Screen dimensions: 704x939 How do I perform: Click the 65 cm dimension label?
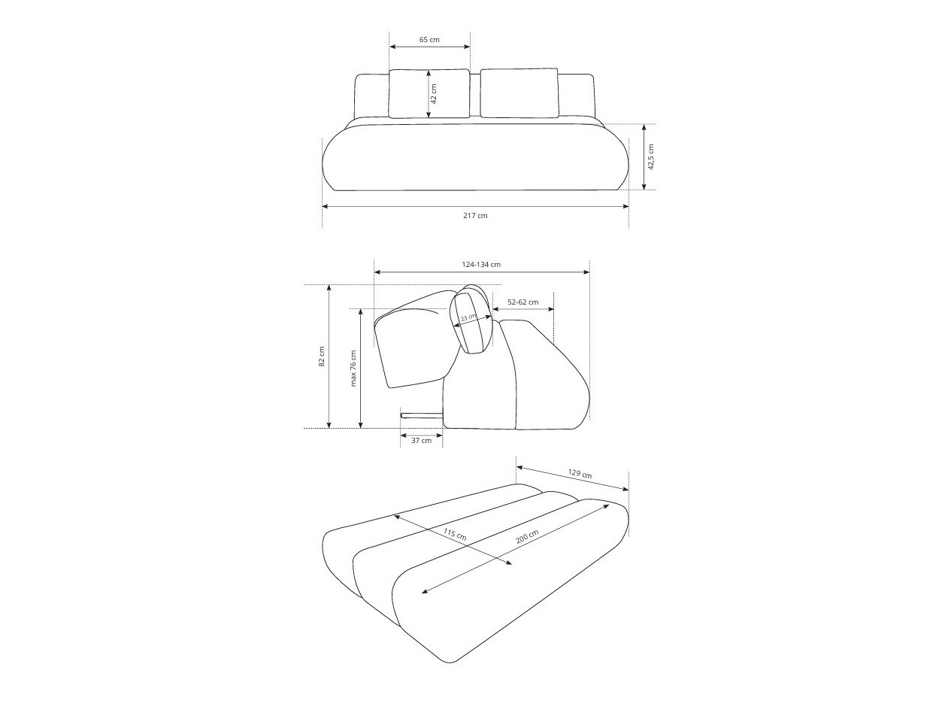[429, 39]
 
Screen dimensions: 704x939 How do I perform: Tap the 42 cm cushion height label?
[434, 93]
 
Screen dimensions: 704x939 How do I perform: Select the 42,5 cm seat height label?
[651, 156]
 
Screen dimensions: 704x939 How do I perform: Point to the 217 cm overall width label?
[475, 216]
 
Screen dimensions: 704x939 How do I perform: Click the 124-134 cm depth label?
[481, 264]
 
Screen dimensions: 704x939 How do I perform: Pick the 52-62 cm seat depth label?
[523, 302]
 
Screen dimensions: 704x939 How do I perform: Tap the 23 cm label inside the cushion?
[468, 318]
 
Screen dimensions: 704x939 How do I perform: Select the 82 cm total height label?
[321, 357]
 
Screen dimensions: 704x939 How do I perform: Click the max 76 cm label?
[353, 368]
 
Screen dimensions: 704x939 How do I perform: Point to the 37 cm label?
[421, 441]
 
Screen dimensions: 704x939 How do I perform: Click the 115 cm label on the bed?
[454, 535]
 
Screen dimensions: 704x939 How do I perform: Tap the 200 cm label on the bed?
[527, 539]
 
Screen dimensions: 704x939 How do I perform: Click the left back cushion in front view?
[429, 93]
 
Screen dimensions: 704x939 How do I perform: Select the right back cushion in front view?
[519, 93]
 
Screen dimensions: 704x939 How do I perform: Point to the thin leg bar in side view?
[422, 414]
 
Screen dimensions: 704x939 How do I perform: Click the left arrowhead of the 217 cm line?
[325, 205]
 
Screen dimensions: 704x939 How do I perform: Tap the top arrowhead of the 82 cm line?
[329, 288]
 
